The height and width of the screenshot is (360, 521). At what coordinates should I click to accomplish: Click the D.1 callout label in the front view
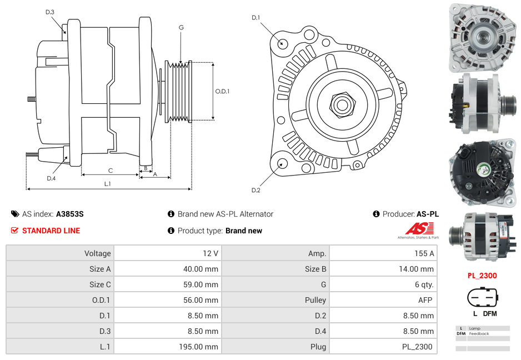click(x=256, y=18)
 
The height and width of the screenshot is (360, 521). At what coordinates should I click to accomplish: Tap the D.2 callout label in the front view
click(x=256, y=190)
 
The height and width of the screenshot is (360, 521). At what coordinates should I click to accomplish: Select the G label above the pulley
click(x=181, y=27)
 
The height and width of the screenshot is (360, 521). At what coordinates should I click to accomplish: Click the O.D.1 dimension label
click(x=222, y=92)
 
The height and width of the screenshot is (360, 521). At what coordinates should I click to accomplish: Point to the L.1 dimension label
click(x=107, y=184)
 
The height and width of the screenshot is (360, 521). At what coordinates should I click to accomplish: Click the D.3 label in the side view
click(x=50, y=12)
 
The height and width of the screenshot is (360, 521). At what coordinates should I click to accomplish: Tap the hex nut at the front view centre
click(x=342, y=104)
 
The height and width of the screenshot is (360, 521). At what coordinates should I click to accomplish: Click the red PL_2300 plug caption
click(x=482, y=276)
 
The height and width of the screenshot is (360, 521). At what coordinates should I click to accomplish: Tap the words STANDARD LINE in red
click(x=51, y=231)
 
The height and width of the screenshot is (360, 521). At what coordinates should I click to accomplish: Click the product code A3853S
click(x=70, y=214)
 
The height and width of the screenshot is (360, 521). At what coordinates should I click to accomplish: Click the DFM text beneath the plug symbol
click(x=489, y=313)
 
